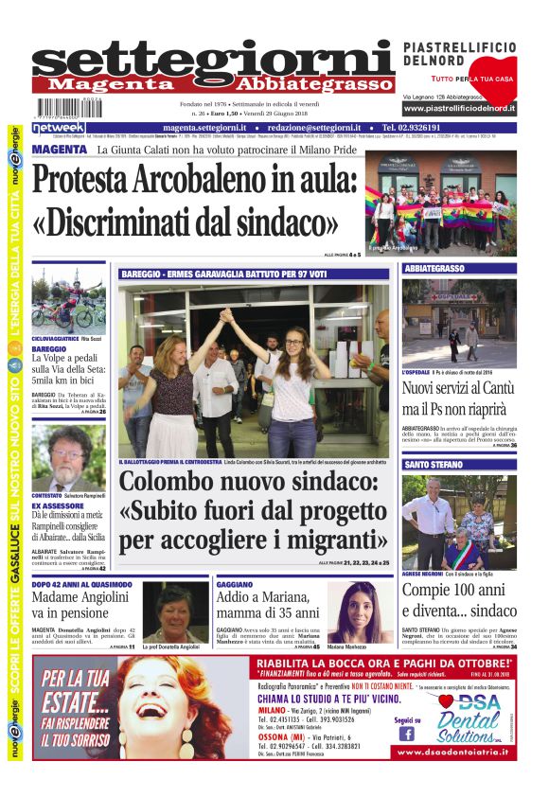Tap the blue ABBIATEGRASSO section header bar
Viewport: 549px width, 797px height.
pos(459,269)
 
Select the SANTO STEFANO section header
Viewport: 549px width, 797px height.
pos(459,465)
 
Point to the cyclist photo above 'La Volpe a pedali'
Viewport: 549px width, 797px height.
pos(67,302)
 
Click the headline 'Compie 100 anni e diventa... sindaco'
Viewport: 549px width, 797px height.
pos(456,601)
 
